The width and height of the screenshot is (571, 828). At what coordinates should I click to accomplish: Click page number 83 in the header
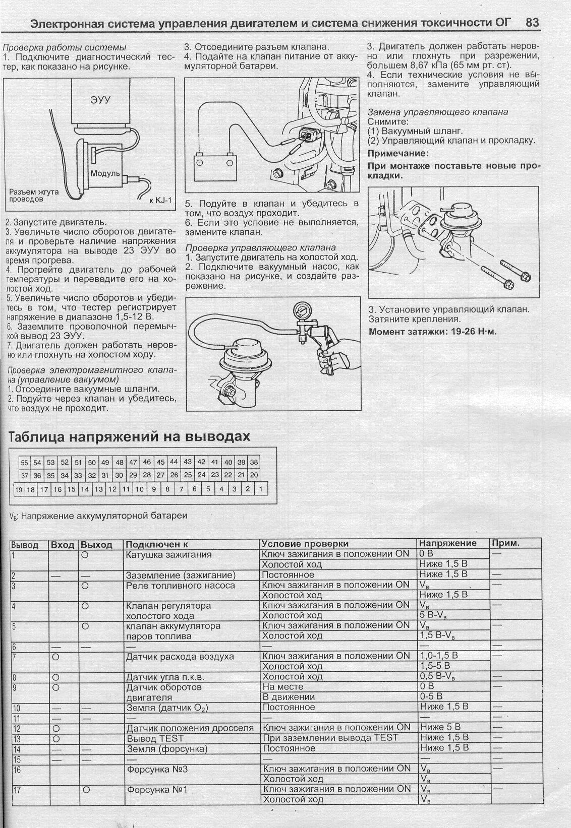532,23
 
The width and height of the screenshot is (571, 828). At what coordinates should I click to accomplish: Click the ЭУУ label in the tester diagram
100,99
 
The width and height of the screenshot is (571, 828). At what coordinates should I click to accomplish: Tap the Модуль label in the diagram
105,173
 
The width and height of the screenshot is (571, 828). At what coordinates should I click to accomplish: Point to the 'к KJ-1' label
161,201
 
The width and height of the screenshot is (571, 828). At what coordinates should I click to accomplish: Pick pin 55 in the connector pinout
24,463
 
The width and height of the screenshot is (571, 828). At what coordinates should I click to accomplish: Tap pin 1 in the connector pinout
261,489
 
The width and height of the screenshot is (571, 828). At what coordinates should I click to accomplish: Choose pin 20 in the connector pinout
254,475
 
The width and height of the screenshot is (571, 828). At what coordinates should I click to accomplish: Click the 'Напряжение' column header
448,543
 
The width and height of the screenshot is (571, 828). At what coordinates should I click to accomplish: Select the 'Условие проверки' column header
305,544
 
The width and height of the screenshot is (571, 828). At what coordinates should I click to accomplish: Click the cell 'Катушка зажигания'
161,554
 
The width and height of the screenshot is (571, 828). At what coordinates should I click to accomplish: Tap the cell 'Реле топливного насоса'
180,585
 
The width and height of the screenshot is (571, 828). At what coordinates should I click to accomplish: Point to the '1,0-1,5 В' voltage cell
439,656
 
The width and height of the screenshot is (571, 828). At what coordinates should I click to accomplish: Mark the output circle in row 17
85,790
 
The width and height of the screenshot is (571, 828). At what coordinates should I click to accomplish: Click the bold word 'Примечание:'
398,153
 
